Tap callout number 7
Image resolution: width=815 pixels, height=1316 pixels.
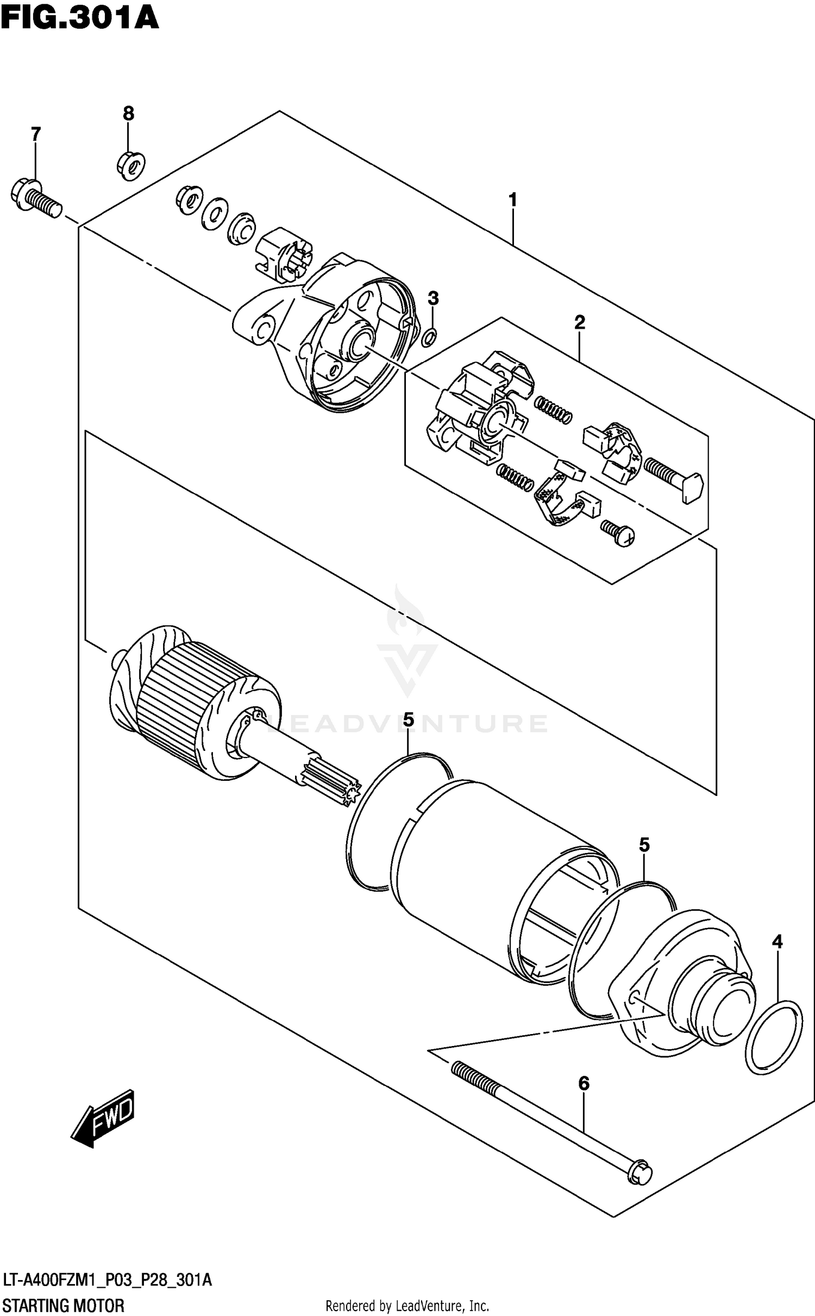click(35, 134)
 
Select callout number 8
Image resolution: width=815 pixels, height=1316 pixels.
click(128, 113)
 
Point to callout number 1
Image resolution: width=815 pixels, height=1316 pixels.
click(512, 200)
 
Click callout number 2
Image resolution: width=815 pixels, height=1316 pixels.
click(580, 323)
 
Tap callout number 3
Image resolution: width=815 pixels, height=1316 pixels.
click(433, 298)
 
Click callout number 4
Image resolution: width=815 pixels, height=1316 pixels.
click(778, 942)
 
